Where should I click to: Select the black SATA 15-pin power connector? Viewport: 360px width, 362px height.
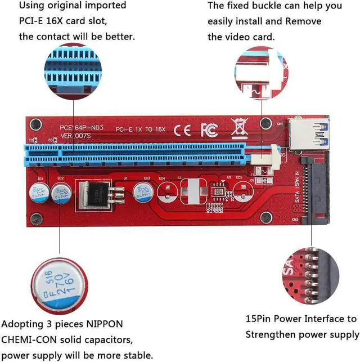318,186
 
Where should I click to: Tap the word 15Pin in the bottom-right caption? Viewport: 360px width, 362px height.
260,319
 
